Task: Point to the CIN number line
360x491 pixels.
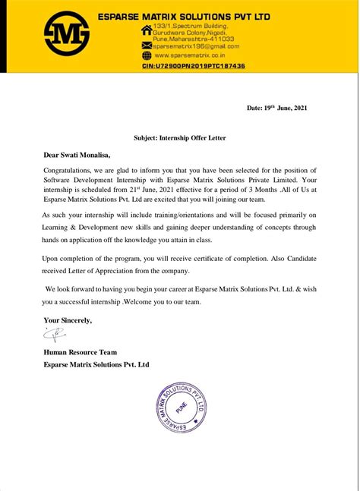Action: coord(193,67)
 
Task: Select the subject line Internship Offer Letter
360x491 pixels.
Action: coord(179,137)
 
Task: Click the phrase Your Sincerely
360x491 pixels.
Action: coord(68,319)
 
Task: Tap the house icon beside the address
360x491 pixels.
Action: coord(146,31)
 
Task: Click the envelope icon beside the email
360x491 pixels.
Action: coord(146,46)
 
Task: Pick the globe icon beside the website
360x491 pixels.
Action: coord(146,55)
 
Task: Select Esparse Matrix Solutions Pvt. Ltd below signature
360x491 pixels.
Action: coord(96,364)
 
